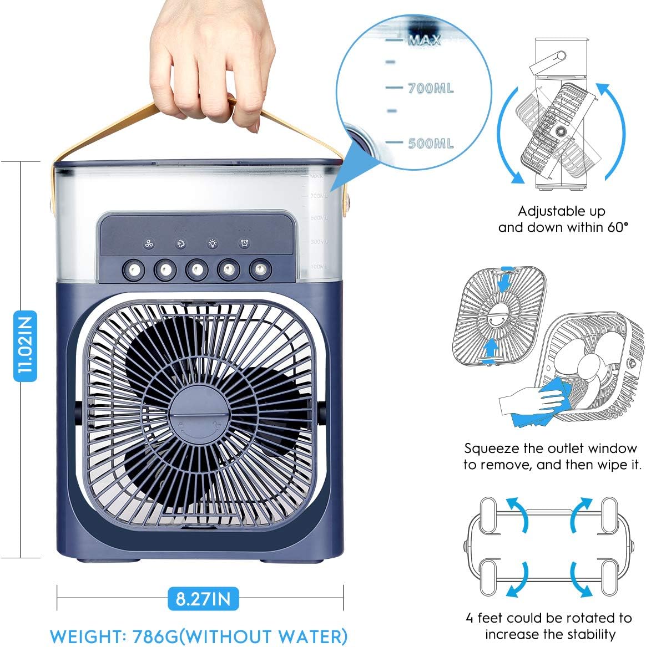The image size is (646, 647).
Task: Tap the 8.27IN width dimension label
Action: [x=203, y=598]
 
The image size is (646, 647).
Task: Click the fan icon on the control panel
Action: [x=149, y=244]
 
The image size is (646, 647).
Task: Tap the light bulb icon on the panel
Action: [x=213, y=243]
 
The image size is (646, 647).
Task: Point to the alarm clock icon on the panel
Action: [x=244, y=243]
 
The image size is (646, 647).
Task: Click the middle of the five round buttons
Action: [x=196, y=269]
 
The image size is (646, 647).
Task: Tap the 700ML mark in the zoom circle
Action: [x=431, y=88]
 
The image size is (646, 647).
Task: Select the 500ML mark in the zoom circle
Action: [x=431, y=143]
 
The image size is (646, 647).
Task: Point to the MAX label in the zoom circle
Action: [x=425, y=40]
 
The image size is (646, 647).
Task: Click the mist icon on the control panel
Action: [x=181, y=243]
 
